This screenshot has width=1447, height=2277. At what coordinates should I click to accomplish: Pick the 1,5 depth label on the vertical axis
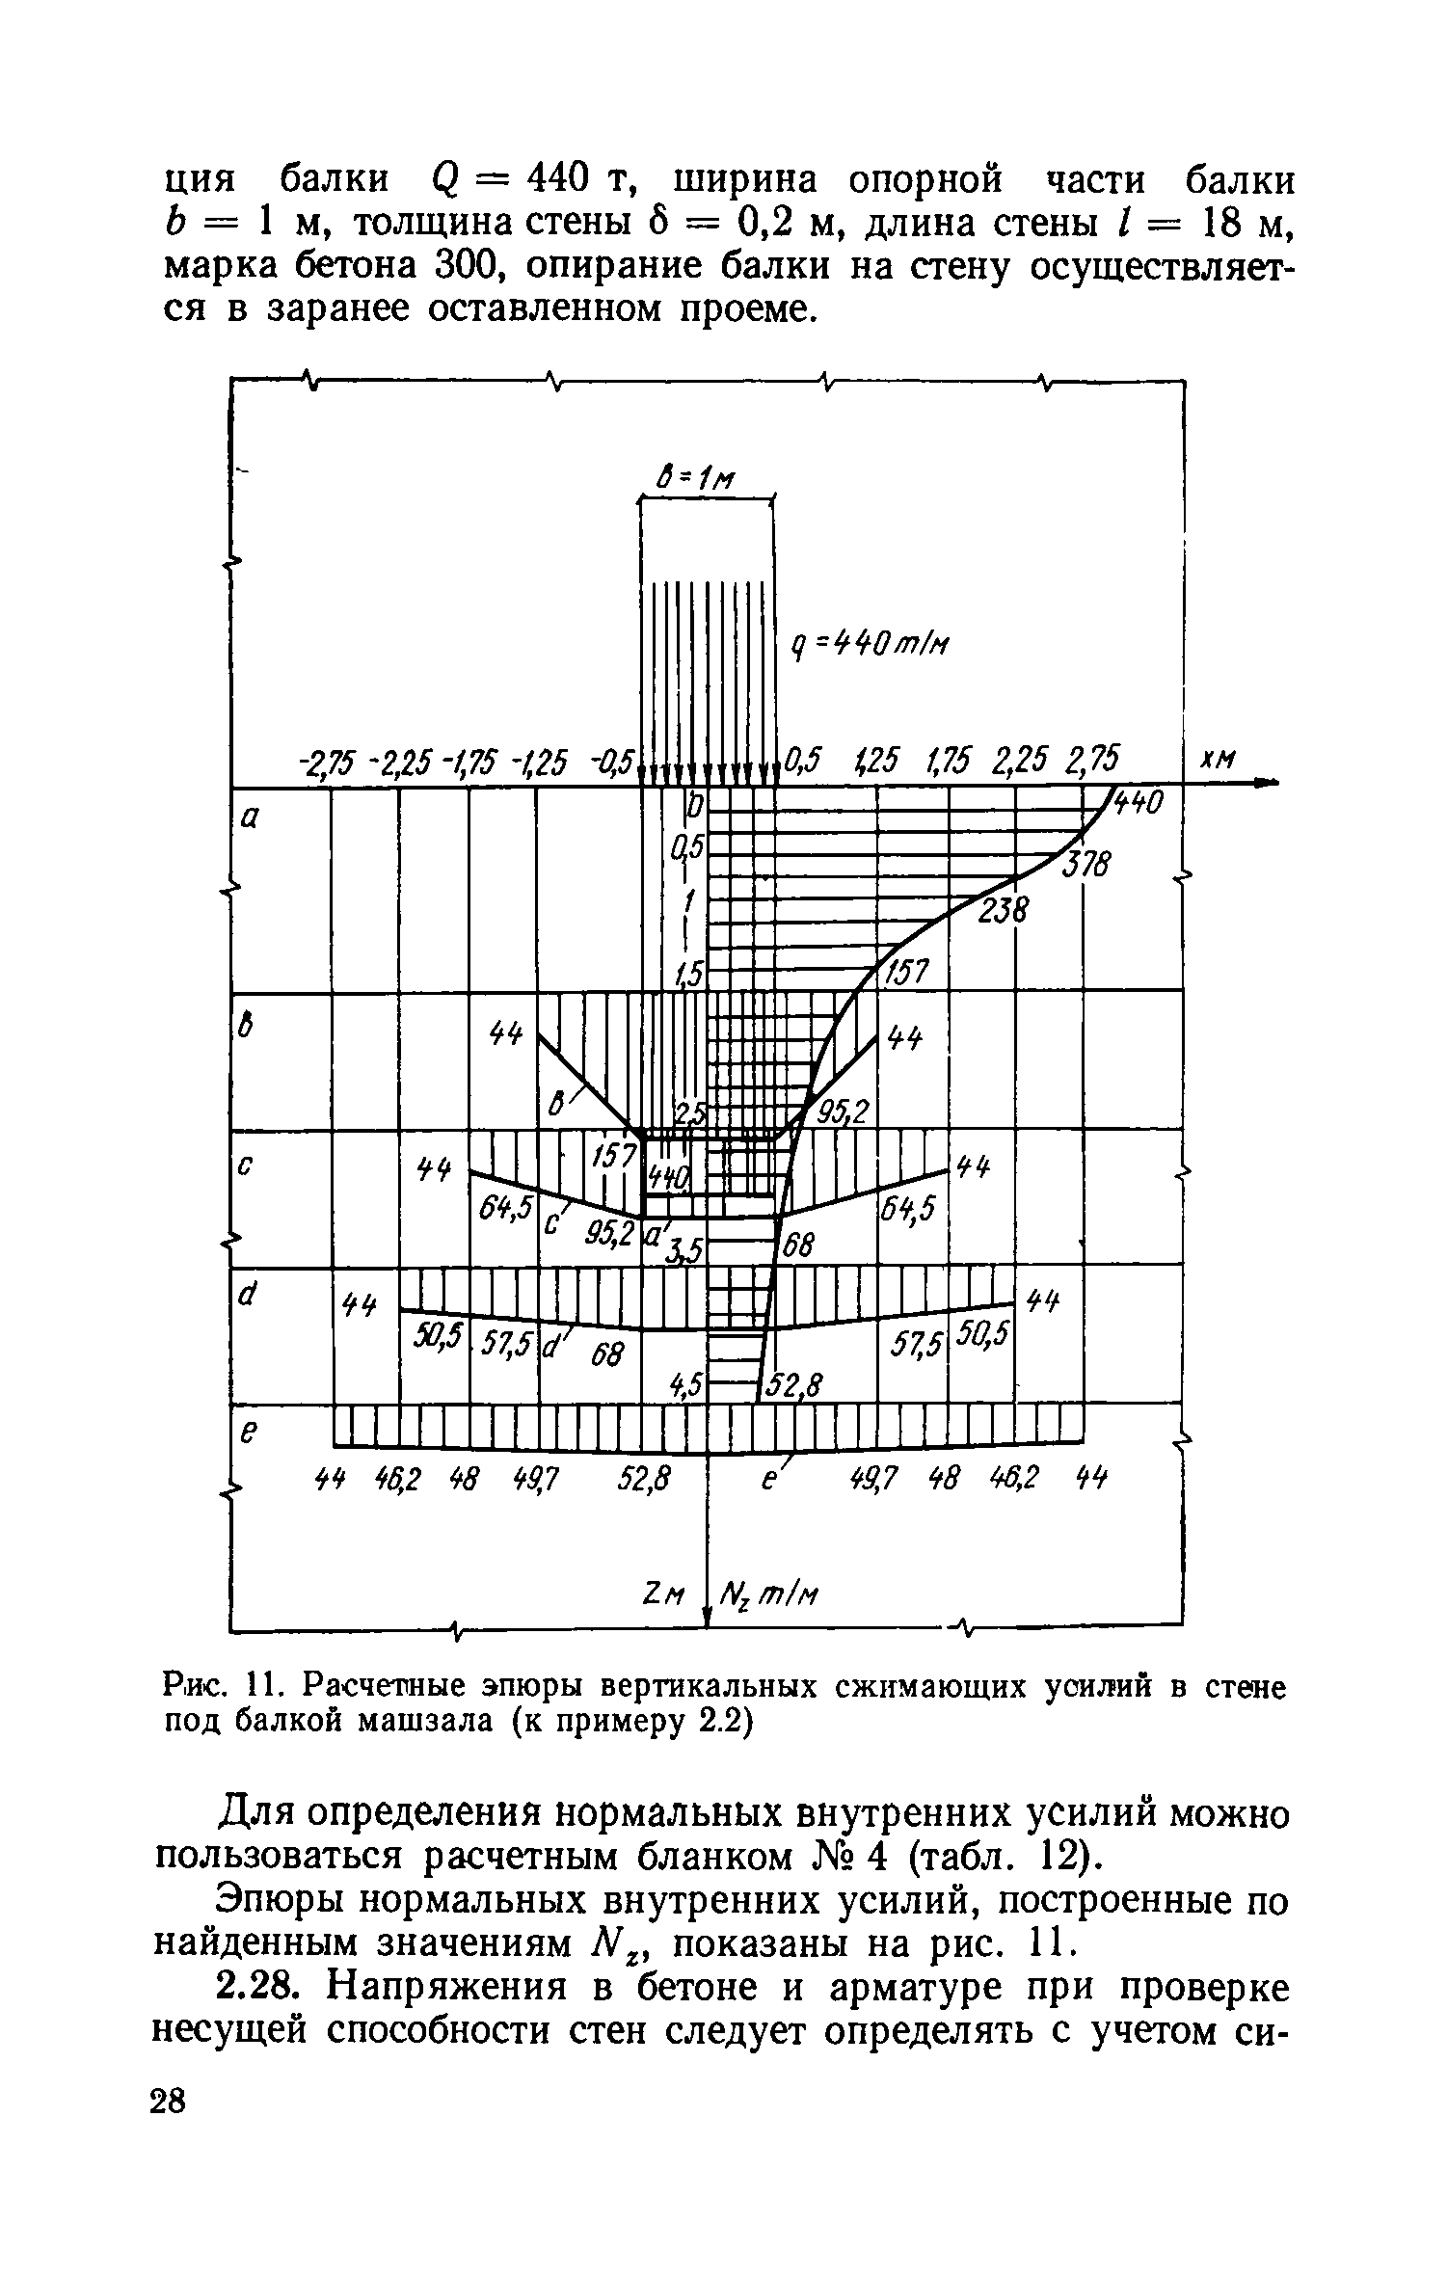coord(691,975)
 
